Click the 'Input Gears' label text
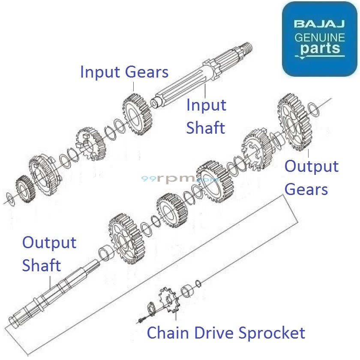point(124,72)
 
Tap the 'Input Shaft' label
point(206,116)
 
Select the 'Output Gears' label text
point(312,177)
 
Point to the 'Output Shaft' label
point(49,254)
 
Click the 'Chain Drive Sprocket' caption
point(226,333)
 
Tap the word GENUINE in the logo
point(319,37)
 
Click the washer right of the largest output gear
point(314,110)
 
